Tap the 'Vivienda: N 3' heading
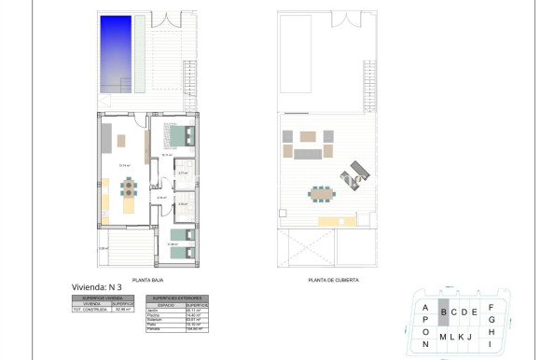pos(97,287)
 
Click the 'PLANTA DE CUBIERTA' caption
pos(333,279)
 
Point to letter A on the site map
pos(424,307)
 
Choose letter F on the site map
pos(491,308)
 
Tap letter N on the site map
pos(424,344)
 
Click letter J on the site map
pos(470,337)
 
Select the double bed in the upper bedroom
pos(181,137)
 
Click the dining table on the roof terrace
pos(322,194)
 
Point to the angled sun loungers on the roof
pos(356,173)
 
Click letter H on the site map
pos(491,330)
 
